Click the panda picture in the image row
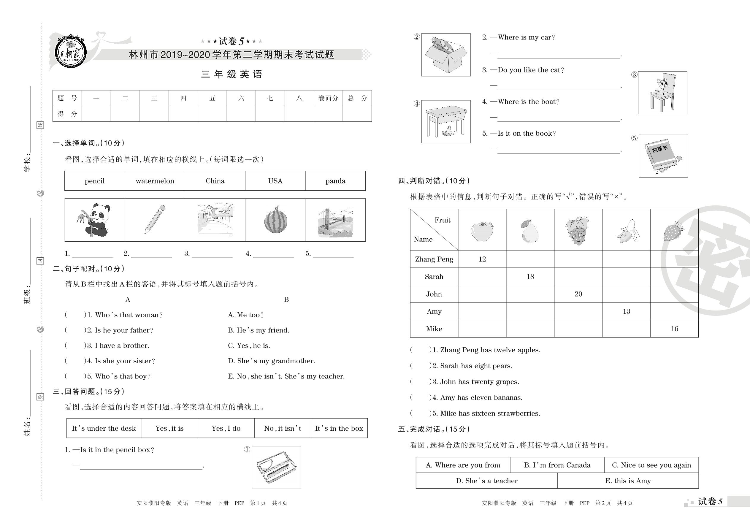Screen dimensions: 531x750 point(94,220)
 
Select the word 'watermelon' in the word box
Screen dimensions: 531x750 point(155,181)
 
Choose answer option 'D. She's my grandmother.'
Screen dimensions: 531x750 point(271,361)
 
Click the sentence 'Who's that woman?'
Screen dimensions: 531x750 point(129,315)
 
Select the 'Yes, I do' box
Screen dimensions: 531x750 point(226,428)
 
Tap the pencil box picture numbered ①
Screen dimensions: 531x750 point(277,467)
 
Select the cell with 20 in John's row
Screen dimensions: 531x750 point(578,294)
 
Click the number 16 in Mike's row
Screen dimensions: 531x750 point(674,329)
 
